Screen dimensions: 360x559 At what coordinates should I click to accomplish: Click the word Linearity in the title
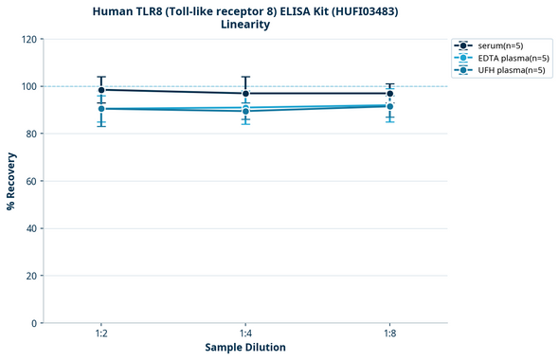point(244,25)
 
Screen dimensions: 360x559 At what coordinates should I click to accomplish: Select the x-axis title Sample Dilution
point(245,348)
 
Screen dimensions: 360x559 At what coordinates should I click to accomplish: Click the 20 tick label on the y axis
point(30,276)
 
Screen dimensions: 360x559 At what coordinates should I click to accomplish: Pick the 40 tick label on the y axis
point(30,228)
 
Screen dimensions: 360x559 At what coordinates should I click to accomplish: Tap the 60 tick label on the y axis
point(30,181)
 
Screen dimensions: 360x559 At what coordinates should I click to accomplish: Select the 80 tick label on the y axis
point(30,134)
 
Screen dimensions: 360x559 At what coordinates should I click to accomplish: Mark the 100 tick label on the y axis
point(27,86)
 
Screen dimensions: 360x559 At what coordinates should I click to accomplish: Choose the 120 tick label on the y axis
point(27,39)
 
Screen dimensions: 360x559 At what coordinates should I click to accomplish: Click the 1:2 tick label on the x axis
point(100,333)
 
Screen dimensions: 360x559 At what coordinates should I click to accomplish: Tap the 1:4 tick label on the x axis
point(245,333)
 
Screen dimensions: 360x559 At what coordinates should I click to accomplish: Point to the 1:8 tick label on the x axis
point(390,333)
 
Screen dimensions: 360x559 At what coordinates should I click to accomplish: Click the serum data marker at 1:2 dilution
point(100,90)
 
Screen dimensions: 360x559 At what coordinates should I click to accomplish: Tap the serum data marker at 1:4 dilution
point(245,94)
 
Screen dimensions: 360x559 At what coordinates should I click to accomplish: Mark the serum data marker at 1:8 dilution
point(390,94)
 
